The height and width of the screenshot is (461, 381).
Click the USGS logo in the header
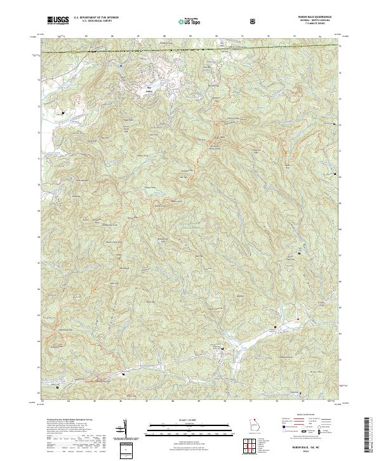pyautogui.click(x=57, y=20)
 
